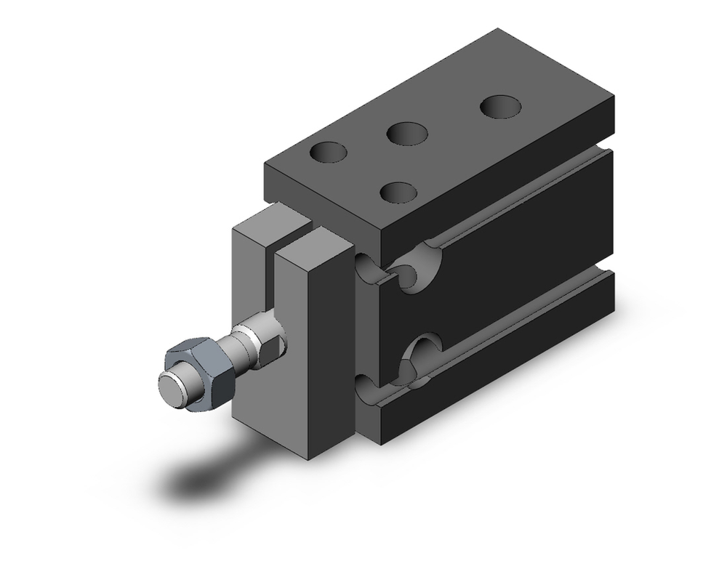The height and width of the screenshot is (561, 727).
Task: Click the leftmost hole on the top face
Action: [328, 153]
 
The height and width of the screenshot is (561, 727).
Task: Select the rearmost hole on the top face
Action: [501, 107]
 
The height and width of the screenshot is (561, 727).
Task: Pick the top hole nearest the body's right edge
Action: [398, 193]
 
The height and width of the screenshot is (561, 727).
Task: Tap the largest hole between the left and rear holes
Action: [406, 134]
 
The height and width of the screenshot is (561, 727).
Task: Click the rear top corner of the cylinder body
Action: [498, 31]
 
